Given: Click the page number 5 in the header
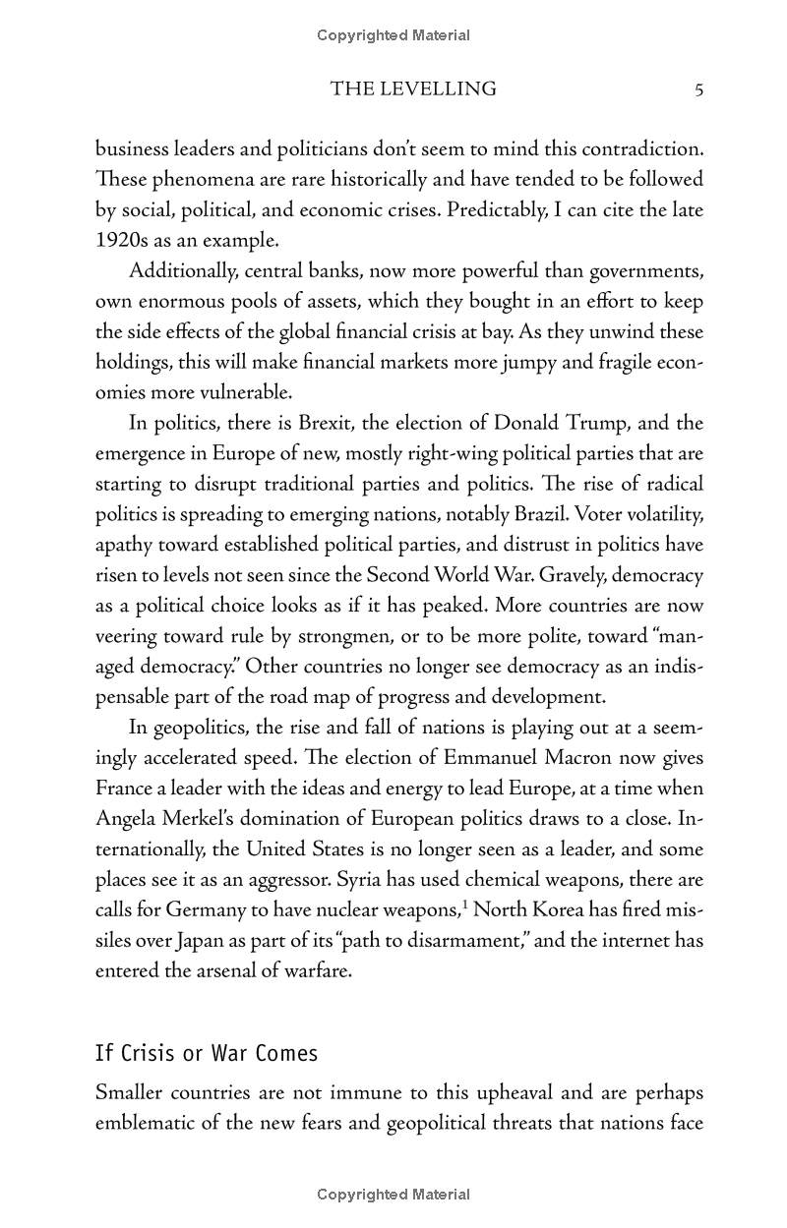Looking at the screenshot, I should [x=698, y=89].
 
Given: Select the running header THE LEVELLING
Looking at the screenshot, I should [x=413, y=89].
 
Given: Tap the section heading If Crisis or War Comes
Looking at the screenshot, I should [x=207, y=1054].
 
